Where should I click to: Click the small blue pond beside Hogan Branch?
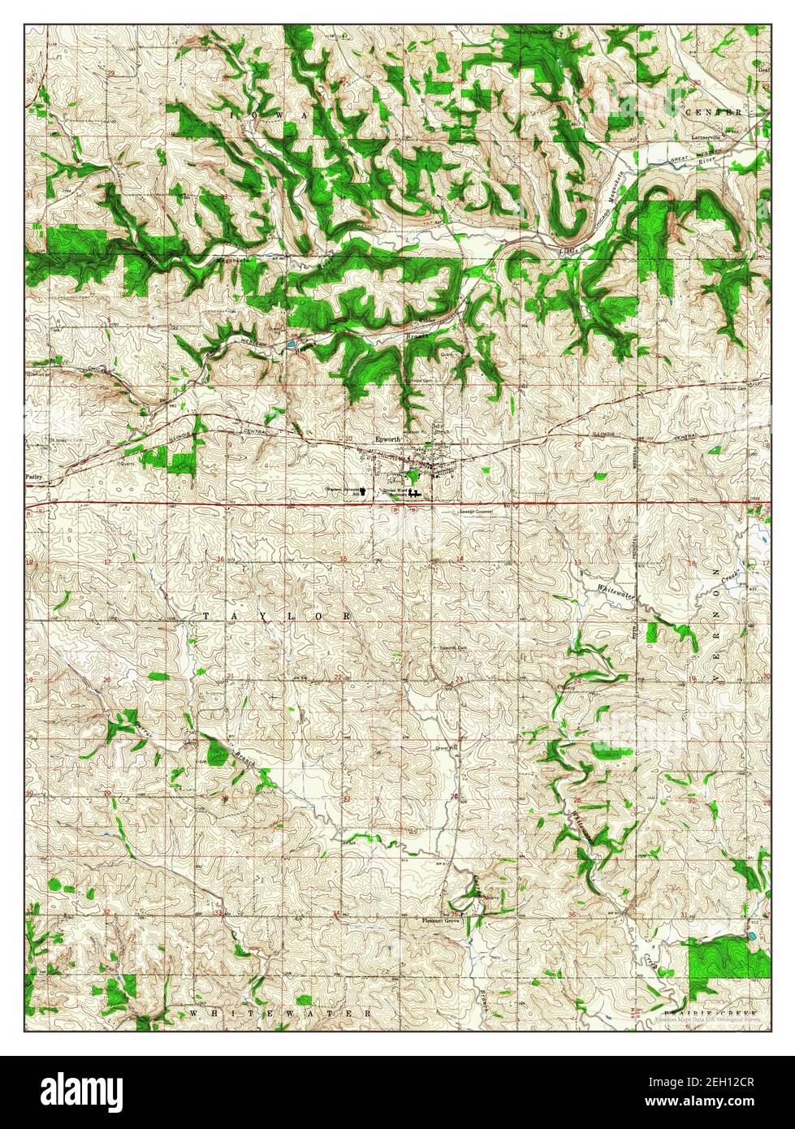291,345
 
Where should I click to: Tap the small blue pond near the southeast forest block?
749,936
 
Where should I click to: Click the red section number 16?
219,560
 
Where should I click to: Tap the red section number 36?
573,915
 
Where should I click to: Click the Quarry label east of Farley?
124,464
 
